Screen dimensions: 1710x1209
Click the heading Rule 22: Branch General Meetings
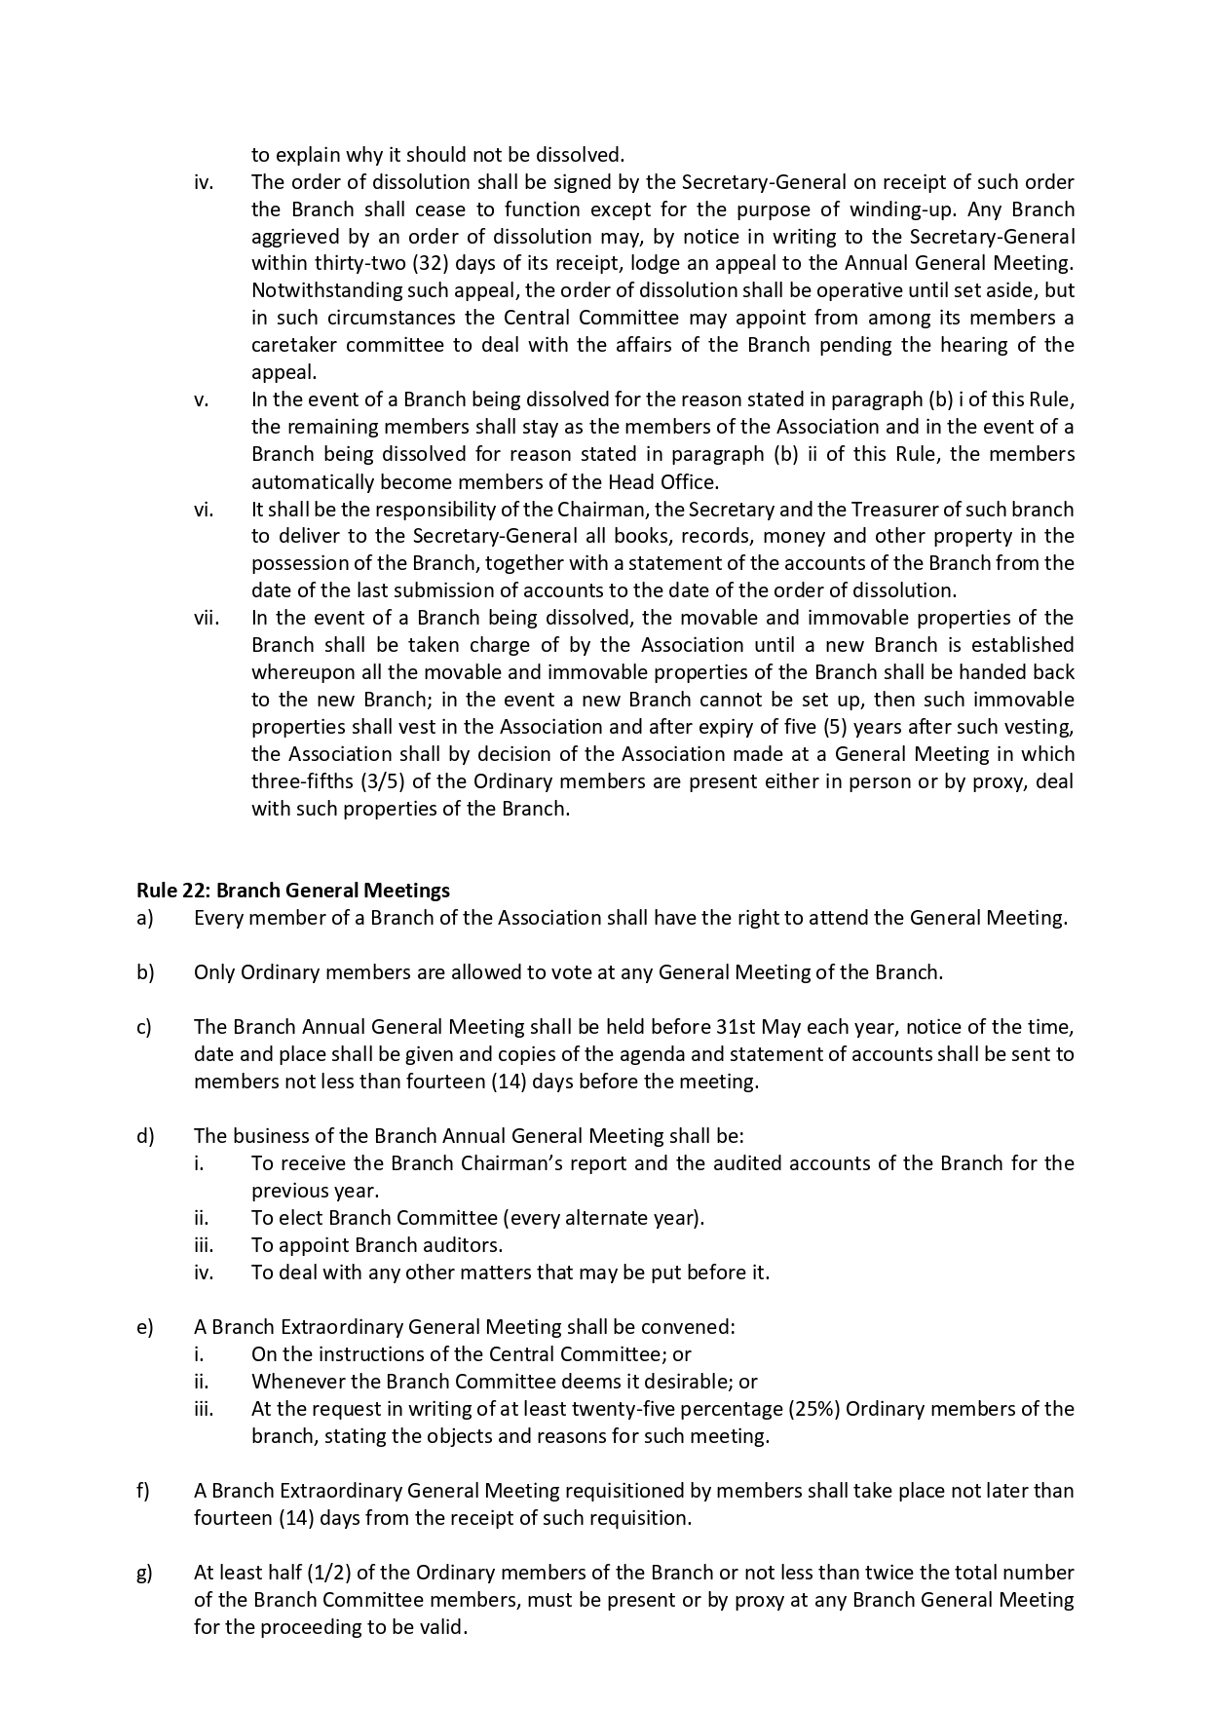[x=292, y=890]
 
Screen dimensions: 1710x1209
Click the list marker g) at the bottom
[x=144, y=1573]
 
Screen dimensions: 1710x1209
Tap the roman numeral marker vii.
[x=207, y=618]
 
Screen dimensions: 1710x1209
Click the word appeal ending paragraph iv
[x=283, y=372]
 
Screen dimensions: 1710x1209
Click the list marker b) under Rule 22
[x=145, y=972]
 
